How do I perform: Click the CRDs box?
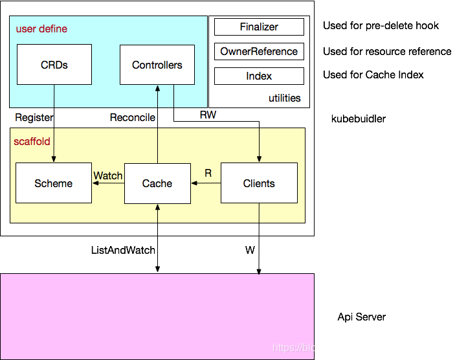[x=54, y=65]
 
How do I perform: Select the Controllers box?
[x=157, y=65]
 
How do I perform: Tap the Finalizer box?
[x=259, y=27]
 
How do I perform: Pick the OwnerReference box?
[x=259, y=52]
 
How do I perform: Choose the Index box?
[x=259, y=76]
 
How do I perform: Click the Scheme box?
[x=54, y=183]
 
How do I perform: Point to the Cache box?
[x=157, y=183]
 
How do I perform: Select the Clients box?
[x=259, y=183]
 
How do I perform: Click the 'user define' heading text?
[x=41, y=29]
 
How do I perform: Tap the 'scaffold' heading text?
[x=32, y=141]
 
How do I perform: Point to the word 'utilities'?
[x=285, y=98]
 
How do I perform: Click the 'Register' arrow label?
[x=34, y=117]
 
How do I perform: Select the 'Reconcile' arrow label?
[x=133, y=117]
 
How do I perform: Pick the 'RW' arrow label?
[x=208, y=115]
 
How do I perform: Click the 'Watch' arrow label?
[x=108, y=175]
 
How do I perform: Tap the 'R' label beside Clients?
[x=208, y=173]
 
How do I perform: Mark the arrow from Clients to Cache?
[x=206, y=183]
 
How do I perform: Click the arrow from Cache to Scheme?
[x=108, y=184]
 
